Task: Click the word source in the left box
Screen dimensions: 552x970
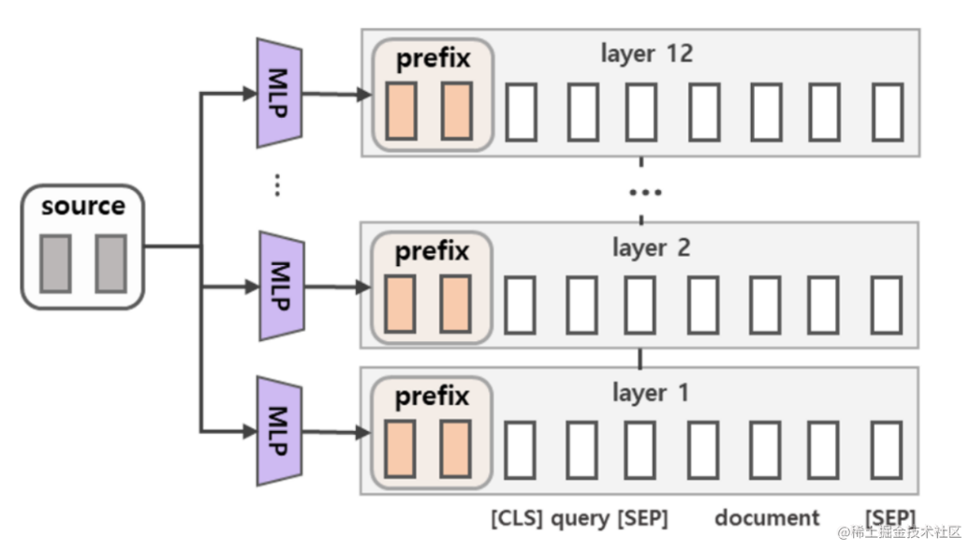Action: (x=82, y=206)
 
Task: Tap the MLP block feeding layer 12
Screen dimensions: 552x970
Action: (x=279, y=93)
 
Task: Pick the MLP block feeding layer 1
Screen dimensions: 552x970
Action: (x=279, y=431)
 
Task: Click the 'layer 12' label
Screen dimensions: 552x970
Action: (x=647, y=53)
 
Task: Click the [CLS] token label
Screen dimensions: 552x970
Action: (x=516, y=518)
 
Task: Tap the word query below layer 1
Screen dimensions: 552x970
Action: (x=581, y=518)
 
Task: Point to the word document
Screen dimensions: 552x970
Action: (x=767, y=518)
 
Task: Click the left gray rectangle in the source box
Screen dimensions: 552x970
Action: (x=55, y=263)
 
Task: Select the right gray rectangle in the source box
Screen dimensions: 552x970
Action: (x=110, y=263)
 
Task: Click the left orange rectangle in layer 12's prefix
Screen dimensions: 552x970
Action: (x=401, y=112)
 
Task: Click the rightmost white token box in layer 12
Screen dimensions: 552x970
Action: (x=887, y=112)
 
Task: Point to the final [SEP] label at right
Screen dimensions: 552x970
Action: (x=890, y=518)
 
